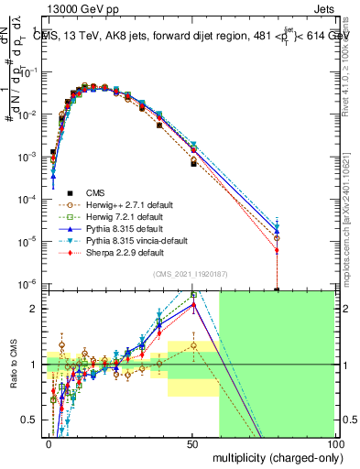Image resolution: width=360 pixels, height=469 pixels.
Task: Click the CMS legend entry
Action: pos(95,192)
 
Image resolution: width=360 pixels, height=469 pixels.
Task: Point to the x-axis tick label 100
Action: pos(335,442)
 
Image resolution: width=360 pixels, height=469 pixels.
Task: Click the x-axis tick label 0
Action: pos(49,442)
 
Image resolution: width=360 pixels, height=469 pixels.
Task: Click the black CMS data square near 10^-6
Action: pos(278,289)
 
